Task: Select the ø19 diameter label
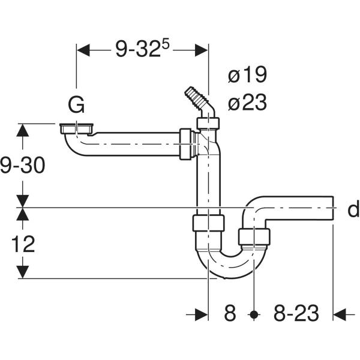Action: pos(247,76)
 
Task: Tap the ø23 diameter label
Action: pos(247,103)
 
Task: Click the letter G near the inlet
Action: pos(76,106)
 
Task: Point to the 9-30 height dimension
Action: pos(23,165)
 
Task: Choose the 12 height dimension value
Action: pos(23,244)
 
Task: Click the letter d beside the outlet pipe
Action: pos(353,209)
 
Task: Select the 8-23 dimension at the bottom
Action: pos(295,313)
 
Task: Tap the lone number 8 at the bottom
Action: pos(231,313)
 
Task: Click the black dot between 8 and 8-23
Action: pos(254,313)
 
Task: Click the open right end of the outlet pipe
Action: pos(332,208)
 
